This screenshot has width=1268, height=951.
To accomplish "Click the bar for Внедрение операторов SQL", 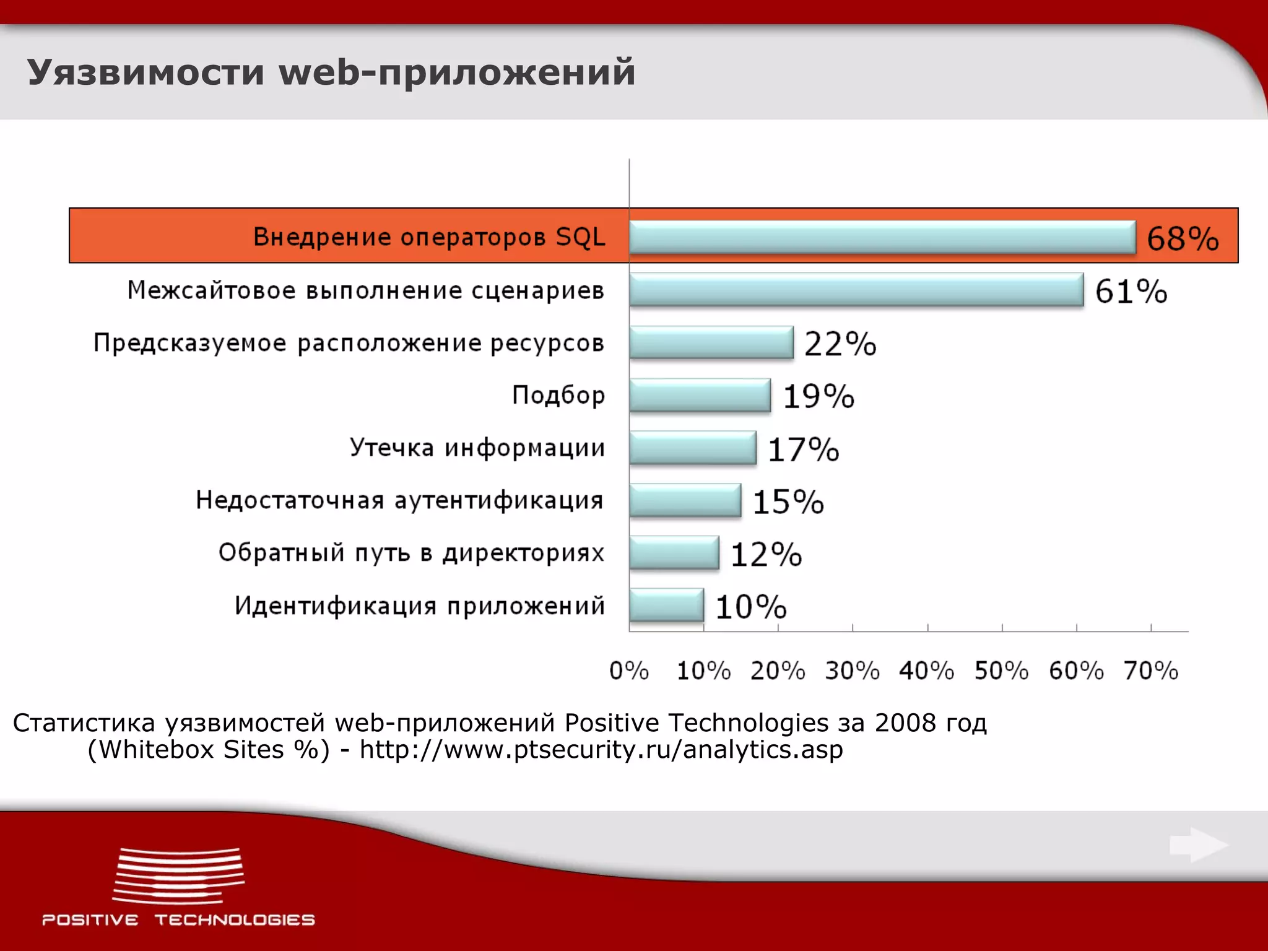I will point(882,237).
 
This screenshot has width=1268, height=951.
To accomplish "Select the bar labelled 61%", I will point(856,290).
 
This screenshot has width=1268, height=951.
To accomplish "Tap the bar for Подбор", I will point(700,395).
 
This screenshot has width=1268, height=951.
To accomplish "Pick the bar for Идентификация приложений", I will point(666,605).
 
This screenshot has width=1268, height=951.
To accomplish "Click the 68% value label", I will point(1183,239).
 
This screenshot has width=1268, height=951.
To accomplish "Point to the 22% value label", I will point(840,344).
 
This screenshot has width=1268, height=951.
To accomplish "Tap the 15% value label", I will point(788,502).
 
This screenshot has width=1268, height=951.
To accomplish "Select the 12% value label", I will point(766,554).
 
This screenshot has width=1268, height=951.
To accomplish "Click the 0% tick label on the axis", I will point(628,671).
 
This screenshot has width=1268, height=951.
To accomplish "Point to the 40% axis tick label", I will point(926,671).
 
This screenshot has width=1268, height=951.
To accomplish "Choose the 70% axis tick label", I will point(1150,671).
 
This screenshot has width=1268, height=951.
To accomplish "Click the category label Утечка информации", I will point(477,448).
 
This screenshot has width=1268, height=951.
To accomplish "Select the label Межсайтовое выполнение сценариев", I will point(365,290).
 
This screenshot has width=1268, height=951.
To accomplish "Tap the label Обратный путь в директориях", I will point(411,553).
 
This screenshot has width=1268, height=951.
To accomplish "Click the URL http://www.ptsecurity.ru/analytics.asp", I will point(601,750).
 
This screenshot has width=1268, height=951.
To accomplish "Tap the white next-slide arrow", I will point(1198,845).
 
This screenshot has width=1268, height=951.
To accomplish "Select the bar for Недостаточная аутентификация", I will point(685,500).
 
